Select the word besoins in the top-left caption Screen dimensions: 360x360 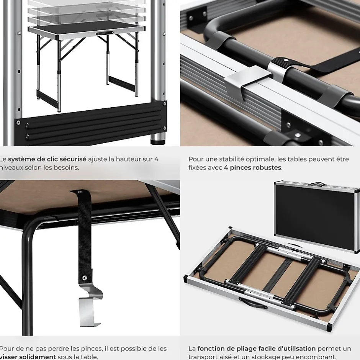click(x=67, y=168)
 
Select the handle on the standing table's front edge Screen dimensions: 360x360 click(x=103, y=34)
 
